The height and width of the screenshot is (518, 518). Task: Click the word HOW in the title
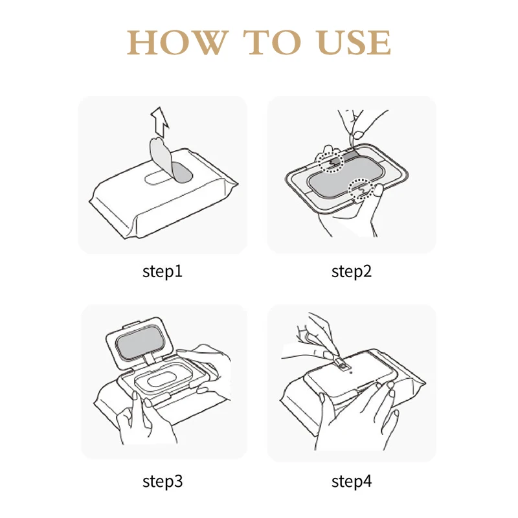(177, 42)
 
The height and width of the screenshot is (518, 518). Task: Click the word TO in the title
(273, 42)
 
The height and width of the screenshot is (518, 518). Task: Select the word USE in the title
(354, 42)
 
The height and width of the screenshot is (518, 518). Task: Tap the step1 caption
(163, 271)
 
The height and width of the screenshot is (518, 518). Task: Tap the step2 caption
(352, 271)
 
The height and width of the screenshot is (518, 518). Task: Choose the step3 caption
(163, 481)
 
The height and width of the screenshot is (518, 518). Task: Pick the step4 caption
(352, 481)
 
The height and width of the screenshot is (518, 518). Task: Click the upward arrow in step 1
(160, 122)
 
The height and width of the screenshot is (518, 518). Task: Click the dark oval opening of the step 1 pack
(182, 172)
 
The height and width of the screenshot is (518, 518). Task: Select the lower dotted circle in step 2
(362, 188)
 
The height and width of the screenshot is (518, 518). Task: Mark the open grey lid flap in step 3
(140, 344)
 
